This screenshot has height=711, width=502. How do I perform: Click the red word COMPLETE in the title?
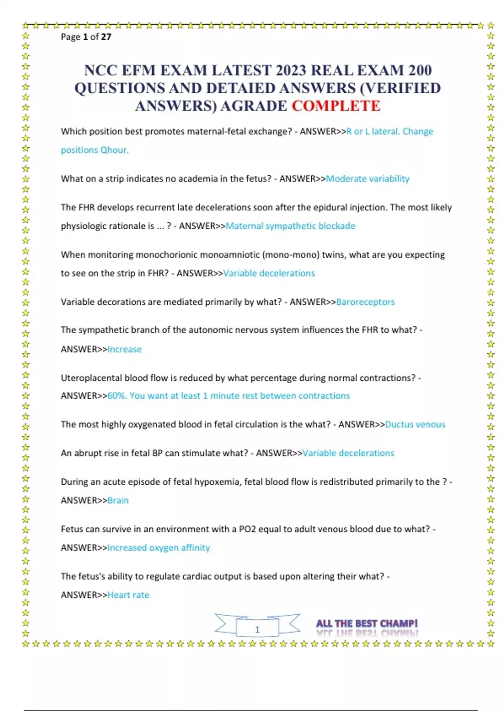coord(336,106)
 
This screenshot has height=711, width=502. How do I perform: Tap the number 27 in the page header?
coord(106,37)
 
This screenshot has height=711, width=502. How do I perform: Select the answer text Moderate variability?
coord(367,179)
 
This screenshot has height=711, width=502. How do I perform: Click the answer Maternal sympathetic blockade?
coord(290,226)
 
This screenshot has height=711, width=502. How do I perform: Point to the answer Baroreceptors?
coord(365,302)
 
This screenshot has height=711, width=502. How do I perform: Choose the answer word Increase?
coord(125,349)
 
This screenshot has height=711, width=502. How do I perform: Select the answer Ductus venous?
coord(415,425)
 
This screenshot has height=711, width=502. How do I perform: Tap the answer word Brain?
coord(118,500)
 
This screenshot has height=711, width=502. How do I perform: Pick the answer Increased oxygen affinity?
coord(159,547)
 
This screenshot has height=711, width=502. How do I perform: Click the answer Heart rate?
coord(128,595)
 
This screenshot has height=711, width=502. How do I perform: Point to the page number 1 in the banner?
coord(257,629)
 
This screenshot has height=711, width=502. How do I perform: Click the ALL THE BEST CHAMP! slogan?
coord(367,624)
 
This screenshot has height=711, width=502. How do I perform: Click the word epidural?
coord(330,207)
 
